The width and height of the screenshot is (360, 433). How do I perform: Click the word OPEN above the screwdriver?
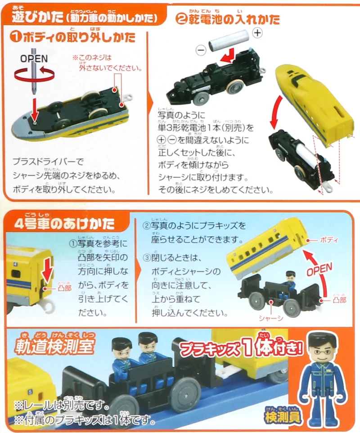34,59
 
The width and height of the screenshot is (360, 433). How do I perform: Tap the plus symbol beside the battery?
257,33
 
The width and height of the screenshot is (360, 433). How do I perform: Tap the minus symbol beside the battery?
201,50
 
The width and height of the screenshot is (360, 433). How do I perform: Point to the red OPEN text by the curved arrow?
319,270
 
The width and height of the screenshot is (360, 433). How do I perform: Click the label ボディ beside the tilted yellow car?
328,240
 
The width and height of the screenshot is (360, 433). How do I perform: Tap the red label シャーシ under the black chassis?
271,318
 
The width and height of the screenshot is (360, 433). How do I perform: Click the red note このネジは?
92,58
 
